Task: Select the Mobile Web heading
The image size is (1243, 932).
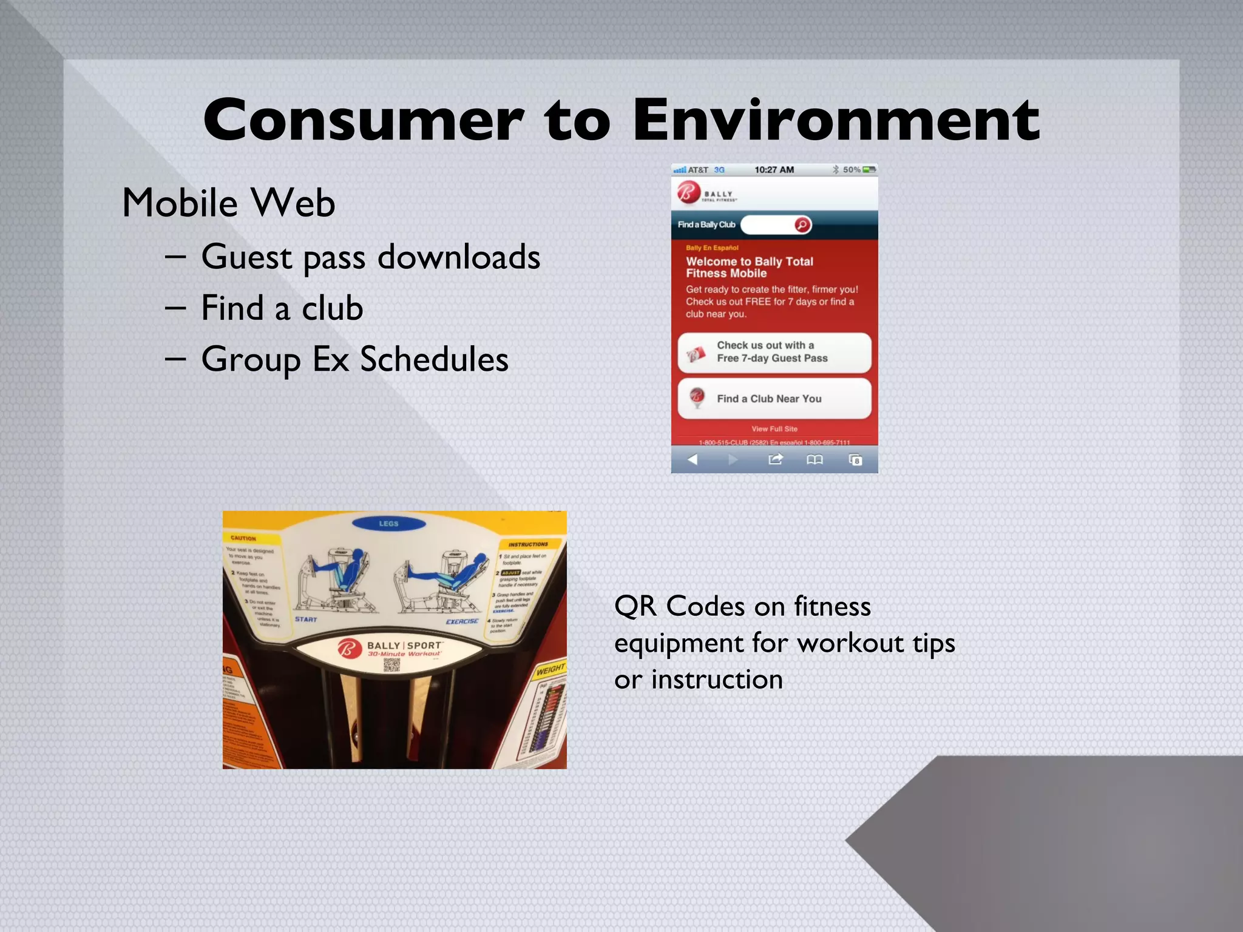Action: tap(228, 203)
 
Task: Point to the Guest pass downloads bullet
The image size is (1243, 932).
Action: tap(370, 257)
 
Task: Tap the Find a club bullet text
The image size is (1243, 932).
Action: tap(282, 308)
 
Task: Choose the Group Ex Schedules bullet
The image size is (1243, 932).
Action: tap(354, 359)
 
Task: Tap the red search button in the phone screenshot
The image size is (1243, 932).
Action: tap(802, 225)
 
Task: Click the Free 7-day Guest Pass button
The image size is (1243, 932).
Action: tap(774, 352)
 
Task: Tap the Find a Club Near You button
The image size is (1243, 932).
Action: tap(774, 399)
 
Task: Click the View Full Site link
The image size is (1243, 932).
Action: tap(774, 429)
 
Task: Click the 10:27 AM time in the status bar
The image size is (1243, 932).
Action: tap(774, 170)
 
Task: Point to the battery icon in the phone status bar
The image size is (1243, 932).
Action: tap(869, 170)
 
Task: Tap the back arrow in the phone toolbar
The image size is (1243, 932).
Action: tap(693, 459)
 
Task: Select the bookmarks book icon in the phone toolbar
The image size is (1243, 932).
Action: tap(815, 459)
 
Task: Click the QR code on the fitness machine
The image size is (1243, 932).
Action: tap(391, 665)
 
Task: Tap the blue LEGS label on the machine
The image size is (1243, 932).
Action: tap(388, 523)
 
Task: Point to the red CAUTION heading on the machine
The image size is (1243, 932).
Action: tap(243, 538)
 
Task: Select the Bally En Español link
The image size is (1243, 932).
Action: tap(712, 248)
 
